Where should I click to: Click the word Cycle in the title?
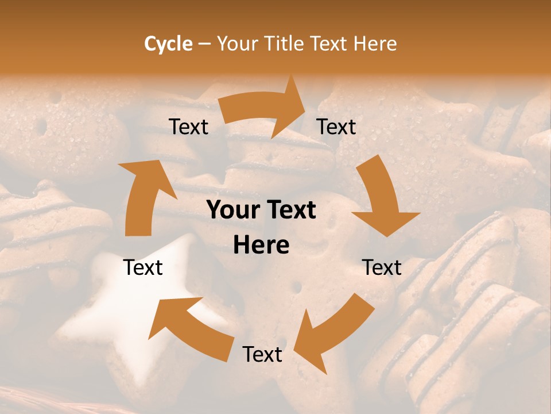pos(168,44)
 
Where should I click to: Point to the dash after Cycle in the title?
pos(204,44)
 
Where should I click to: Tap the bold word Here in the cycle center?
pos(261,246)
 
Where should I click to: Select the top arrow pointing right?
pos(264,109)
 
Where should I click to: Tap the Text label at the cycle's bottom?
pos(262,355)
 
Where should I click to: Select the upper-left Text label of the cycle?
pos(189,127)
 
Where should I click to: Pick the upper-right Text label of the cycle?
pos(336,127)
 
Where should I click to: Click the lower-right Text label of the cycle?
pos(382,267)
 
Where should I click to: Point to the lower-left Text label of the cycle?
pos(143,267)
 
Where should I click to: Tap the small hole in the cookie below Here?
pos(296,286)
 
